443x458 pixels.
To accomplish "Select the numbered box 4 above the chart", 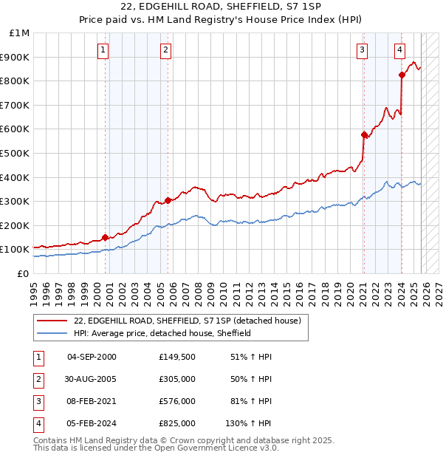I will point(399,50).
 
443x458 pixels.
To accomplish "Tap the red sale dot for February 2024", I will point(402,75).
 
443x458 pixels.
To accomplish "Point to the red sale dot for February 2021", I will point(364,134).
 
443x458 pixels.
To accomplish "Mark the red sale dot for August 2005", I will point(168,200).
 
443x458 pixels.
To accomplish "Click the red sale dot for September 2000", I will point(105,237).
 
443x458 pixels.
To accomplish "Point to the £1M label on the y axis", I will point(19,33).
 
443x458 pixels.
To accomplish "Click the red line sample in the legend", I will point(52,321).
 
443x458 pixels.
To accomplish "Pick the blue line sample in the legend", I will point(52,333).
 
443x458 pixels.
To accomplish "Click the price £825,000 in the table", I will point(177,424).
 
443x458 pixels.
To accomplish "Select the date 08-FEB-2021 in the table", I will point(92,402).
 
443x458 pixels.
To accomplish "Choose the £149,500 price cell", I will point(177,357).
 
